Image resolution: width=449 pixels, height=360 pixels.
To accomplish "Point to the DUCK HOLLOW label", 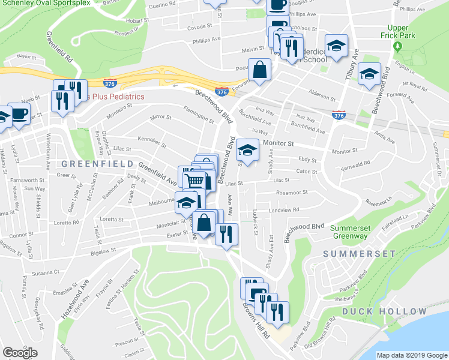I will point(385,311).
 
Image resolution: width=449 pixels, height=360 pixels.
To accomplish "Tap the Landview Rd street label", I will point(284,210).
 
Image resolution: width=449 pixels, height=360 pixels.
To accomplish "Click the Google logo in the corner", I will point(20,353).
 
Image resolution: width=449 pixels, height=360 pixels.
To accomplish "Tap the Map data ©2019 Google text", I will point(412,355).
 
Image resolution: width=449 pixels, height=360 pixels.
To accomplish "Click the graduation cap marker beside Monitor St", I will point(247,150).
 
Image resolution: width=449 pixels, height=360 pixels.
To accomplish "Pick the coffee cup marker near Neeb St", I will point(19,114).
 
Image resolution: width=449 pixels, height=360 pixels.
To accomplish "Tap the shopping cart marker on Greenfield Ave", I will point(194,179).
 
